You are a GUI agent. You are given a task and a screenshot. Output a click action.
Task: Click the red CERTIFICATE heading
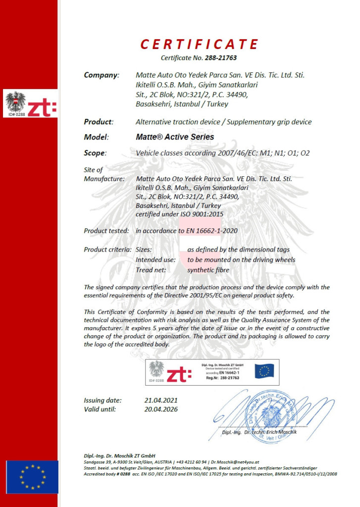tap(199, 45)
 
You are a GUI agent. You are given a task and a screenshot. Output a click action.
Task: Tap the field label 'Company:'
tap(102, 75)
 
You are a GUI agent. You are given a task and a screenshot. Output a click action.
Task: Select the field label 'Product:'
tap(99, 121)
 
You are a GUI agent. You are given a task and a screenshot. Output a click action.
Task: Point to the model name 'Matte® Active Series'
tap(175, 137)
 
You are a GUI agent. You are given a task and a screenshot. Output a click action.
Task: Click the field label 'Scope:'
tap(95, 153)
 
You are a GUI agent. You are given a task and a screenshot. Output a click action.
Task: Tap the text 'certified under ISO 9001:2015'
tap(179, 214)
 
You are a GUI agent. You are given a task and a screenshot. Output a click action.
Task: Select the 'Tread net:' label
tap(151, 270)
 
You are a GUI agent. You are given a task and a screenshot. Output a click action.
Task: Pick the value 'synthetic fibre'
tap(208, 270)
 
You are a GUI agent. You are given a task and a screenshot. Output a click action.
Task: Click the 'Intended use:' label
tap(155, 259)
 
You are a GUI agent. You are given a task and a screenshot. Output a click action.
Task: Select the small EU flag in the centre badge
tap(264, 371)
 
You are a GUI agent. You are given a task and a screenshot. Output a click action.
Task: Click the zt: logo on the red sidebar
tap(42, 105)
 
